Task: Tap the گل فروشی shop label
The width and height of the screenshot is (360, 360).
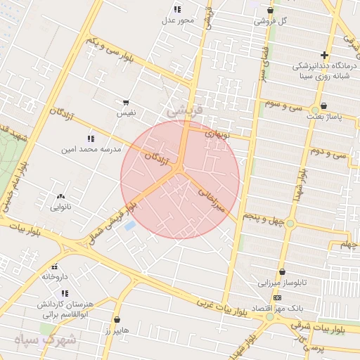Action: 274,20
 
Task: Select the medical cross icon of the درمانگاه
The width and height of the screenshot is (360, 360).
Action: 324,55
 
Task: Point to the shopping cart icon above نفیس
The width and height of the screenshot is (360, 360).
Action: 126,103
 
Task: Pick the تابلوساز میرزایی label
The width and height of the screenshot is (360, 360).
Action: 283,283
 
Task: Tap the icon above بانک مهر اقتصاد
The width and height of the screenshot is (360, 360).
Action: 277,297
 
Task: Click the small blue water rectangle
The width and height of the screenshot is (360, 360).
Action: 129,226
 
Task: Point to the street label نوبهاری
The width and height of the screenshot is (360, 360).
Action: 217,134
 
